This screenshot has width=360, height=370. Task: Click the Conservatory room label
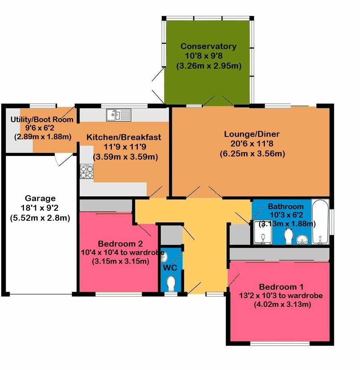click(x=208, y=46)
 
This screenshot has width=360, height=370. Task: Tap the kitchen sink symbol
click(x=119, y=115)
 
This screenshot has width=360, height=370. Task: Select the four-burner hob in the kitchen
click(x=86, y=171)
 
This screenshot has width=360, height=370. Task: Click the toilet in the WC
click(x=171, y=284)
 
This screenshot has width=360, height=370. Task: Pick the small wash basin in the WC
click(x=164, y=257)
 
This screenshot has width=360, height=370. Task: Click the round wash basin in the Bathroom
click(x=302, y=239)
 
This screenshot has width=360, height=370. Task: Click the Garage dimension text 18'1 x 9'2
click(x=40, y=208)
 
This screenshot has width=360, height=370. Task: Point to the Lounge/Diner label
click(x=252, y=134)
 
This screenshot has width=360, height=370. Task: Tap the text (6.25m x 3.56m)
click(x=252, y=154)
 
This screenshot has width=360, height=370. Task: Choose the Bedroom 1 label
click(x=281, y=287)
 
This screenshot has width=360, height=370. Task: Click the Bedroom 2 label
click(x=120, y=243)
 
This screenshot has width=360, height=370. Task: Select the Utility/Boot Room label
click(x=42, y=119)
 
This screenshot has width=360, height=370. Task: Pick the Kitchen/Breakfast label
click(x=124, y=137)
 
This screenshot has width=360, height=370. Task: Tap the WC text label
click(x=170, y=267)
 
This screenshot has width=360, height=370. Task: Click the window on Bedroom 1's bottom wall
click(x=280, y=343)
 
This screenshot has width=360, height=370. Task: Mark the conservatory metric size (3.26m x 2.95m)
click(x=209, y=66)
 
